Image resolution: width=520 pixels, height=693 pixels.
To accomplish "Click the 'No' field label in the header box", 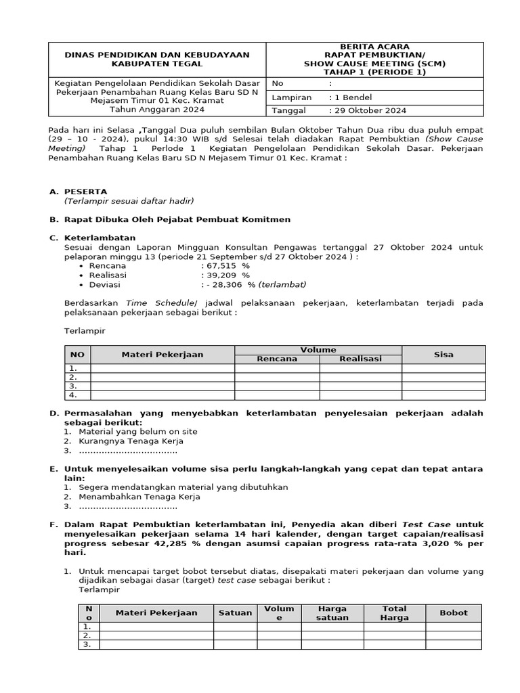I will tap(277, 84).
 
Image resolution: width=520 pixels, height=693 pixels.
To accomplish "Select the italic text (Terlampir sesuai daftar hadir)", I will tap(129, 201).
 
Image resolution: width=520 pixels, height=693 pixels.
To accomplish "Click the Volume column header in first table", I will tap(318, 350).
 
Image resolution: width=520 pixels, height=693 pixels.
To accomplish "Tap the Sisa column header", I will tap(443, 355).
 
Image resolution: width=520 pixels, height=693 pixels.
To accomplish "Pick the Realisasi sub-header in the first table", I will tap(360, 359).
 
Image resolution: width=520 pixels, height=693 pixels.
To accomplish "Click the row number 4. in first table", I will tap(73, 395).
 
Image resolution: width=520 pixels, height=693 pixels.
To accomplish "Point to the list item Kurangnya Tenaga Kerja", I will tap(131, 441).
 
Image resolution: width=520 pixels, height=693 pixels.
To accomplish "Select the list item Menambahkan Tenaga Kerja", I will tap(139, 497).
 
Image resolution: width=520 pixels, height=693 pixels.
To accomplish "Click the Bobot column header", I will tap(454, 612).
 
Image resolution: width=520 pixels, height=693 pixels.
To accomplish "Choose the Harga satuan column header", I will tap(332, 613).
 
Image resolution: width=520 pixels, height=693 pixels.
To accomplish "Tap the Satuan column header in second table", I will tap(235, 612).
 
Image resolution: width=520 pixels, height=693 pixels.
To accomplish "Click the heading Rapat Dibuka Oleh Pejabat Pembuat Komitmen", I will tap(177, 219).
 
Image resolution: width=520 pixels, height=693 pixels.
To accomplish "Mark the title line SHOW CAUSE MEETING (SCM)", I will tap(374, 64).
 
